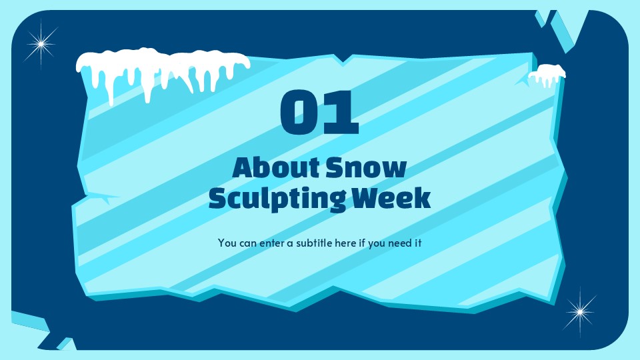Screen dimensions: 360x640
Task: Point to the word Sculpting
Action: [277, 199]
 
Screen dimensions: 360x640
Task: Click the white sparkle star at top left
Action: [41, 45]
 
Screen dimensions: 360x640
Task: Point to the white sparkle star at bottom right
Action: [579, 311]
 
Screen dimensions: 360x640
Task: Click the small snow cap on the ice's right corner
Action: [547, 74]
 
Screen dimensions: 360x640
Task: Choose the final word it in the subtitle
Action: [419, 243]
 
